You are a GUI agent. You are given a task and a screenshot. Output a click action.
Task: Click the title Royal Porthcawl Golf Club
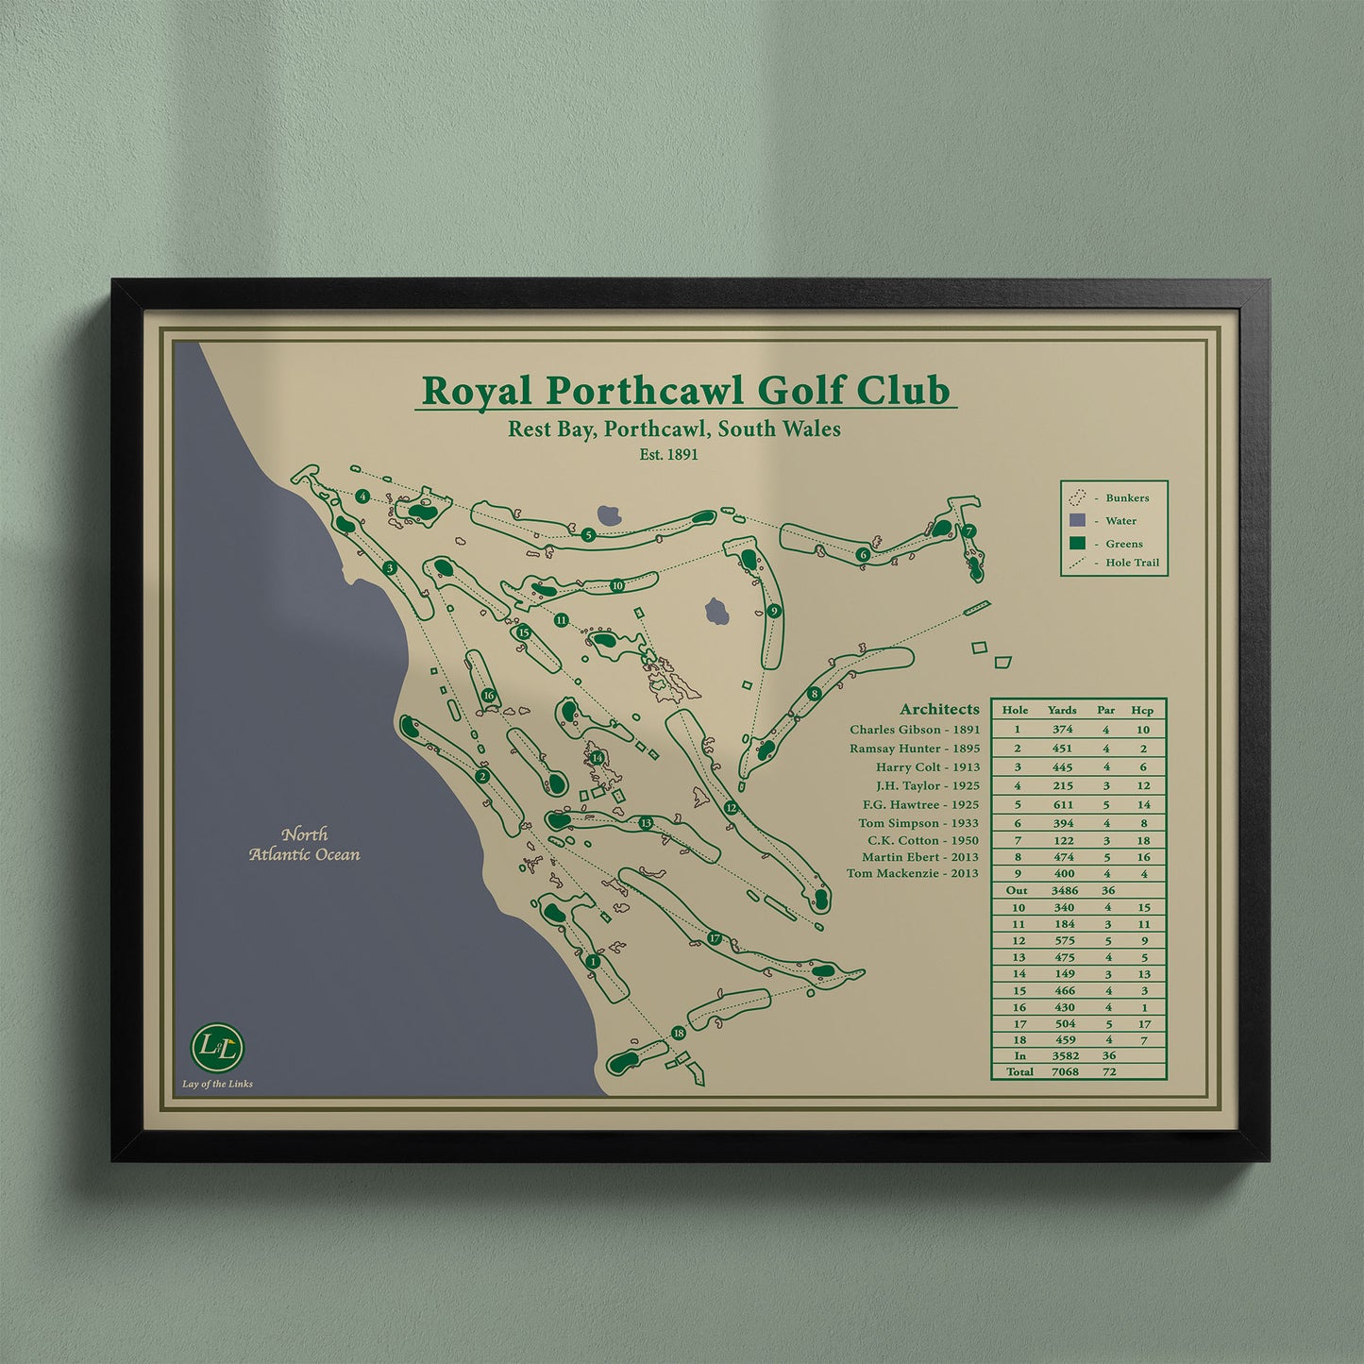click(685, 391)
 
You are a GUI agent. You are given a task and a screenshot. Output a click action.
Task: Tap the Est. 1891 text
click(668, 454)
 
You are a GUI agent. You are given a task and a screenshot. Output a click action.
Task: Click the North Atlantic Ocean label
click(305, 845)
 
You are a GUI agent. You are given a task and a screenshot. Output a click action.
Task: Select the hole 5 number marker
click(588, 535)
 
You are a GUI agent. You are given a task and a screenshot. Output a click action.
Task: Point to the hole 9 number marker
click(774, 611)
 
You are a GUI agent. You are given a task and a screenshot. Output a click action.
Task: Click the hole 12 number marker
click(731, 808)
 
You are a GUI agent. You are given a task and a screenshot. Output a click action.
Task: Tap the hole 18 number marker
click(678, 1034)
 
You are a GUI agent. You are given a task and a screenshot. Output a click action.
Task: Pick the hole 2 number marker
click(482, 777)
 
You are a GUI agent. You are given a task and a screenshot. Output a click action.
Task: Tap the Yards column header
click(1062, 710)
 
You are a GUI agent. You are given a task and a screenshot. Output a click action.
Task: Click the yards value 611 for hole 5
click(1064, 805)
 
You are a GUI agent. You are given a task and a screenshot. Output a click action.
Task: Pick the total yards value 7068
click(1065, 1072)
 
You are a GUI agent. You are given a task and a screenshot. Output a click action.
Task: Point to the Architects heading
click(939, 709)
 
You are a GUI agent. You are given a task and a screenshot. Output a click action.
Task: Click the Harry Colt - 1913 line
click(928, 767)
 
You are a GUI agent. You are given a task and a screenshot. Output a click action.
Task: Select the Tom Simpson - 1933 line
click(918, 823)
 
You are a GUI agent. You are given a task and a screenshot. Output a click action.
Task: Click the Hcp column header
click(1142, 710)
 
